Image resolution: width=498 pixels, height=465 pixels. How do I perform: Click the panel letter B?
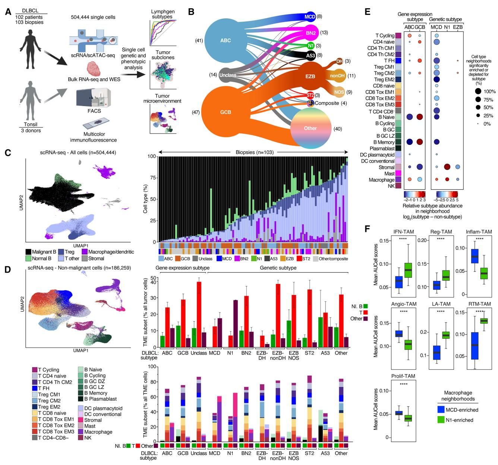(x=191, y=12)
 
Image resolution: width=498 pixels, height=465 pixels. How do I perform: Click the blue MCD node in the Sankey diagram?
(x=310, y=17)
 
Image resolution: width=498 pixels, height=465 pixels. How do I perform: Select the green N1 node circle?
(x=310, y=46)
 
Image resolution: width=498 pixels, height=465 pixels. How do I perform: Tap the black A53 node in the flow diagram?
(x=311, y=56)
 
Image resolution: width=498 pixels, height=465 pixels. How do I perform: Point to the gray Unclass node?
(x=228, y=75)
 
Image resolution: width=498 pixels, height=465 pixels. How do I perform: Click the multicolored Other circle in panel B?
(x=310, y=128)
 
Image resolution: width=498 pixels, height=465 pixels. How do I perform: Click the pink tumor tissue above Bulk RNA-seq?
(x=95, y=69)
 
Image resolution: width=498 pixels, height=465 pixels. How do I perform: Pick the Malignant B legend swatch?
(x=28, y=252)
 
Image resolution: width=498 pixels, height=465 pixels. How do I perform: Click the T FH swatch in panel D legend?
(x=35, y=388)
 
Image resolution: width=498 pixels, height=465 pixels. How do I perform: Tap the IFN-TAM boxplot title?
(x=403, y=232)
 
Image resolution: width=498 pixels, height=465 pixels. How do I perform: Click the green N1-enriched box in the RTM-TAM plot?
(x=484, y=321)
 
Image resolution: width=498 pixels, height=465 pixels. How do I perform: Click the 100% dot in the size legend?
(x=477, y=92)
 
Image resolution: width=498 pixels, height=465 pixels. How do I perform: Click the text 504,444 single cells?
(x=93, y=17)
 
